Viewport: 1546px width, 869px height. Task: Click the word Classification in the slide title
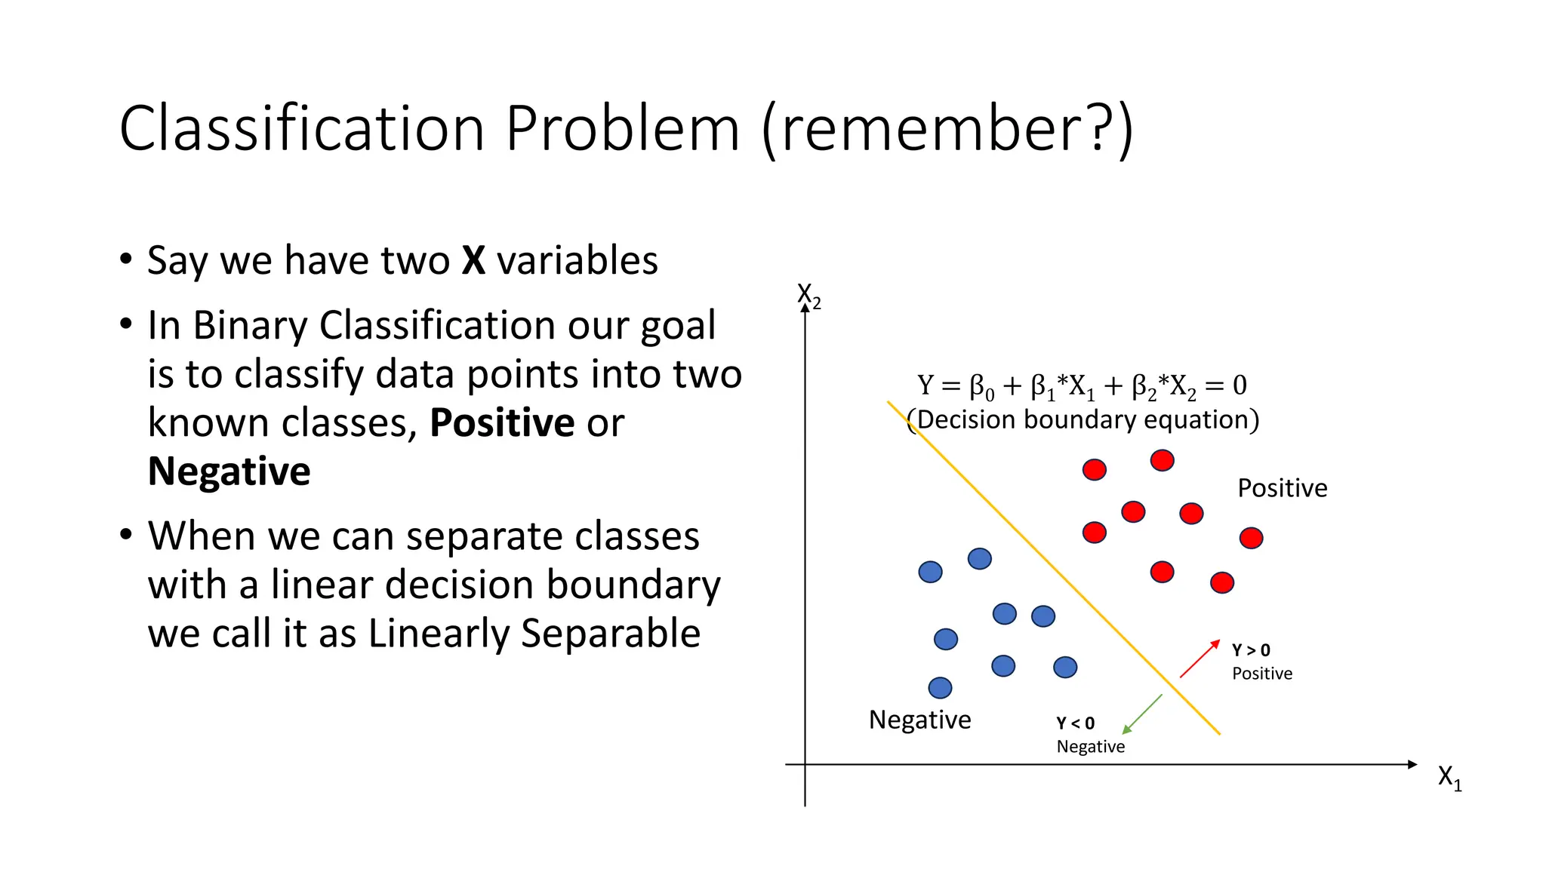[x=302, y=128]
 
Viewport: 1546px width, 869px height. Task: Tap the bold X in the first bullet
[x=473, y=261]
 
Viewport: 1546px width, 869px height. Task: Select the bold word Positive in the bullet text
[x=502, y=422]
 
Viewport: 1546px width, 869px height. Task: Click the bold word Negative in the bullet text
[x=229, y=471]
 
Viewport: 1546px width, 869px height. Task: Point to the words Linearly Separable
[x=534, y=634]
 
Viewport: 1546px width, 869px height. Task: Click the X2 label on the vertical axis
[x=808, y=295]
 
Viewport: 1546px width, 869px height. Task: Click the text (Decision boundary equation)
[x=1083, y=419]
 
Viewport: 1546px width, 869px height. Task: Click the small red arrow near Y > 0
[x=1200, y=659]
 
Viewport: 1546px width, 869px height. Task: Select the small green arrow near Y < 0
[x=1142, y=714]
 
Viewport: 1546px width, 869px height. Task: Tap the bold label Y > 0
[x=1251, y=650]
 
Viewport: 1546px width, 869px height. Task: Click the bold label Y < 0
[x=1075, y=723]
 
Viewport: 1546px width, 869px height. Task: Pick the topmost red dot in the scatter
[x=1162, y=460]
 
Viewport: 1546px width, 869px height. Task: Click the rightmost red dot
[x=1251, y=538]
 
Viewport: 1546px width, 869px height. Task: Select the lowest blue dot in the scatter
[x=940, y=688]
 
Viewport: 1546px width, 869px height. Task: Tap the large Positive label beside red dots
[x=1282, y=488]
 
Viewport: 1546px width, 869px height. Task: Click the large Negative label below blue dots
[x=919, y=720]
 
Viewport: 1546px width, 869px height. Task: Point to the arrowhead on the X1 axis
[x=1412, y=764]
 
